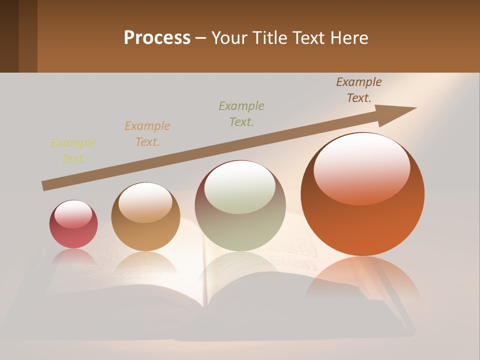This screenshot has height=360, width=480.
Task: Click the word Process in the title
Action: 157,38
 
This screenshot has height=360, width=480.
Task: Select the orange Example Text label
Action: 147,133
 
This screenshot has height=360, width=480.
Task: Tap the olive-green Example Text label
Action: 241,113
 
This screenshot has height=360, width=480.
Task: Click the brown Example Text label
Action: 359,89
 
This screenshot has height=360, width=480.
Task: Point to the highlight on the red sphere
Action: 73,214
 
